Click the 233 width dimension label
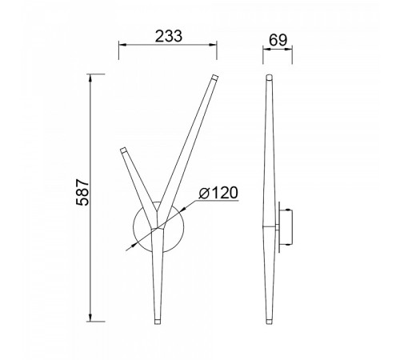pyautogui.click(x=169, y=36)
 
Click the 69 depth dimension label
pyautogui.click(x=278, y=40)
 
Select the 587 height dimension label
pyautogui.click(x=82, y=192)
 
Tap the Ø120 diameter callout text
pyautogui.click(x=218, y=193)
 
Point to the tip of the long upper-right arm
pyautogui.click(x=215, y=77)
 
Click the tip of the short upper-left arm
pyautogui.click(x=123, y=150)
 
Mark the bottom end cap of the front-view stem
pyautogui.click(x=158, y=322)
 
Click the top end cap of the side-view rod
pyautogui.click(x=270, y=78)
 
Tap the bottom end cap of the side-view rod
pyautogui.click(x=270, y=322)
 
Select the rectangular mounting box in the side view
pyautogui.click(x=286, y=227)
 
